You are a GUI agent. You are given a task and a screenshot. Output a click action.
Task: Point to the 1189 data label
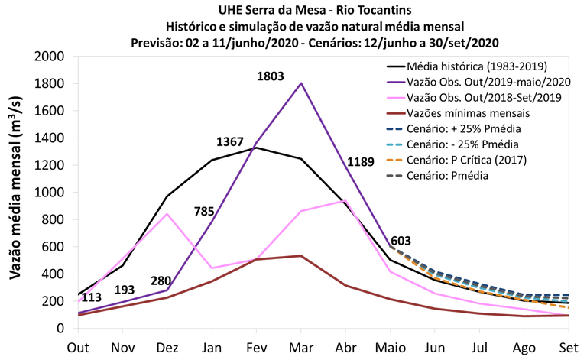click(362, 161)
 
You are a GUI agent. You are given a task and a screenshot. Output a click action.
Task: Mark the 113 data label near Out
click(92, 297)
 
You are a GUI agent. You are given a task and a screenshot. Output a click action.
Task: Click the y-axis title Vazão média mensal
click(16, 193)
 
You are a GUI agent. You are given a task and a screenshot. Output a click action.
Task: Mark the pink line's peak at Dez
click(167, 214)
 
